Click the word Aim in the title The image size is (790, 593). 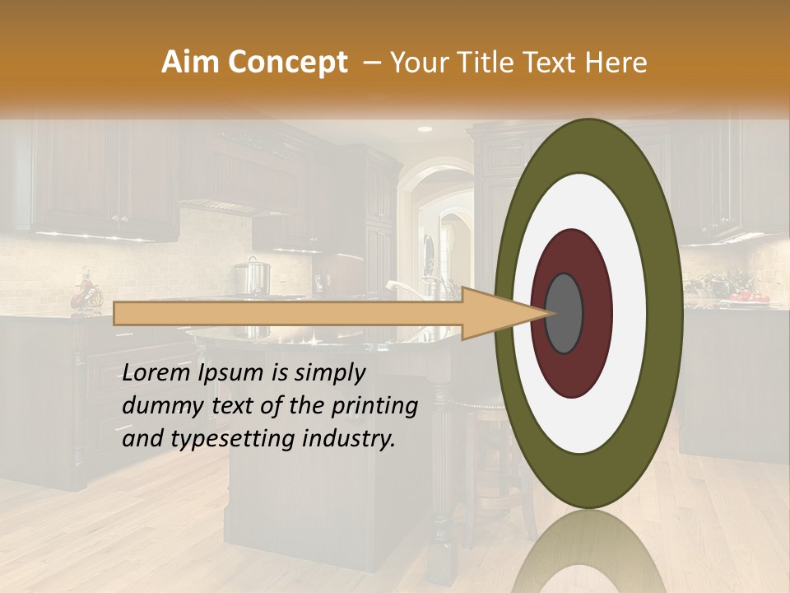192,63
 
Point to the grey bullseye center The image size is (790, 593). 564,313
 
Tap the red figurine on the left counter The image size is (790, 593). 85,292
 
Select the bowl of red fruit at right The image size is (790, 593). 746,296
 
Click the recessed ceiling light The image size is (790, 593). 425,129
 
